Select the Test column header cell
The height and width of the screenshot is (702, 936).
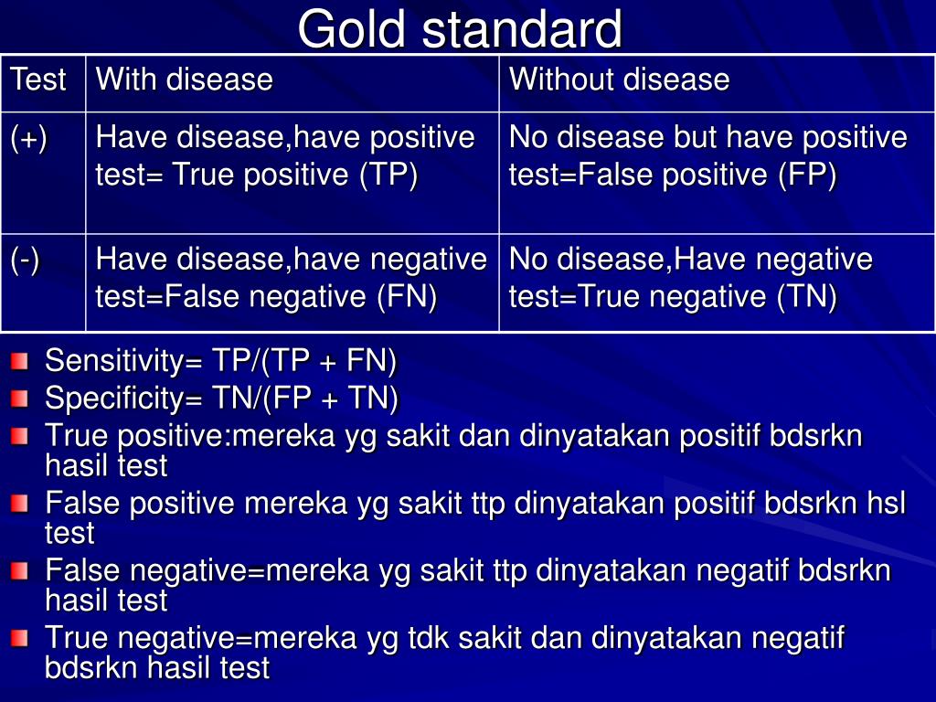tap(44, 83)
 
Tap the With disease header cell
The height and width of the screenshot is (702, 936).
tap(292, 83)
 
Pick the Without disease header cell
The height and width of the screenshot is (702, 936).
tap(717, 83)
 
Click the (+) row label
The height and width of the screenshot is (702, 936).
tap(28, 139)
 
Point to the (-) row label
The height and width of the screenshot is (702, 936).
tap(25, 261)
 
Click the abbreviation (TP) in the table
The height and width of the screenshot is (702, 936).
tap(388, 175)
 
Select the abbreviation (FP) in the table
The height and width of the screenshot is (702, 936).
tap(807, 175)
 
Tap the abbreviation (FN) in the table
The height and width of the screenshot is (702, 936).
tap(407, 297)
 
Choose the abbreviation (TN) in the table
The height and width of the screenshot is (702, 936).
tap(807, 297)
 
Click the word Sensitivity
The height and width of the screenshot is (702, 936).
tap(114, 361)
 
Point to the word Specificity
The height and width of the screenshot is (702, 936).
tap(114, 399)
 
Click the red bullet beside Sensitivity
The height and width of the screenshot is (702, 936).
tap(20, 361)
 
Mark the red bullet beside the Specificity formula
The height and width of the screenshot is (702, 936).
tap(20, 399)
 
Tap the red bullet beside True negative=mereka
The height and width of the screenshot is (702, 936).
tap(20, 638)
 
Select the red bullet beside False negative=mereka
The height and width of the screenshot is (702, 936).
tap(20, 571)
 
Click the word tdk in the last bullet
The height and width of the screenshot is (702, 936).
tap(429, 637)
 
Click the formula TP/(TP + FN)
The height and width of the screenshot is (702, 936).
tap(303, 361)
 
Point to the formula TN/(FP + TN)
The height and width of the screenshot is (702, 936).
tap(304, 399)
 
